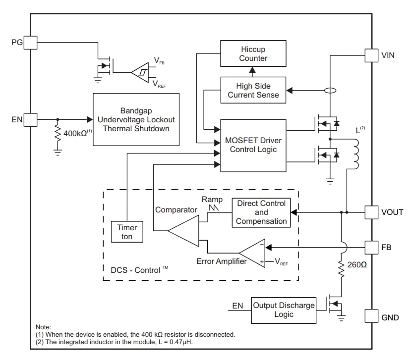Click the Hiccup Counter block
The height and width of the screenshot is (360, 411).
click(253, 53)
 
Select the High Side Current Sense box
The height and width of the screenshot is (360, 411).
click(253, 90)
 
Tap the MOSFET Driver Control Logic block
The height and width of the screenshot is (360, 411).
click(253, 145)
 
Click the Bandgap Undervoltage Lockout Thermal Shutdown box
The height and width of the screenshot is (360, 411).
click(136, 119)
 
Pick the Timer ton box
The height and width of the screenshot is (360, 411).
click(127, 231)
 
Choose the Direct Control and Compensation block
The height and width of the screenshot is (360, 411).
click(261, 212)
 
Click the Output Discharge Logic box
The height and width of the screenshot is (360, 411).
click(284, 310)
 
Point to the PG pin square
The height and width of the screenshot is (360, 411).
click(31, 42)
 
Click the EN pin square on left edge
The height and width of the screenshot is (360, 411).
click(31, 119)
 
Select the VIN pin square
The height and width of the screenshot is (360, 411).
click(371, 55)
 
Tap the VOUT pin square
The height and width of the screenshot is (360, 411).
click(371, 212)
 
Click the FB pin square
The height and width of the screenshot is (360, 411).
click(371, 246)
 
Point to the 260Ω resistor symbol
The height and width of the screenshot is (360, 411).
click(341, 269)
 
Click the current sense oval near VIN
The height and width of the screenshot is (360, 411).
click(330, 91)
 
